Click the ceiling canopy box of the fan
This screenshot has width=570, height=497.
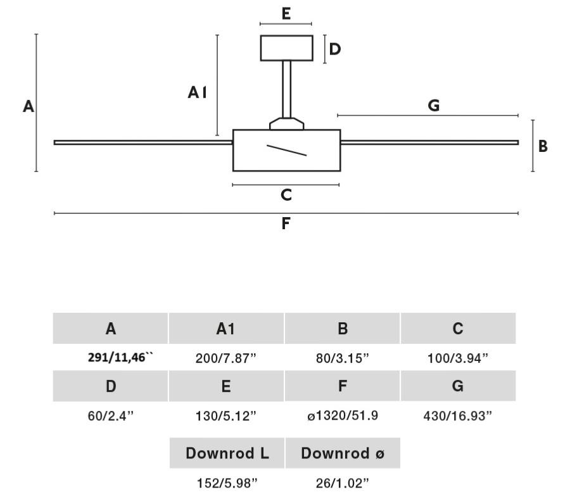click(x=286, y=48)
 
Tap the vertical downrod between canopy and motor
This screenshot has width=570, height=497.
click(x=286, y=89)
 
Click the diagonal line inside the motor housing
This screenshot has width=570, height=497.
click(x=286, y=150)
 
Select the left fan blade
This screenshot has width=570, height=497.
click(x=143, y=142)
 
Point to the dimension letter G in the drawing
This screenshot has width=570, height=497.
click(x=434, y=106)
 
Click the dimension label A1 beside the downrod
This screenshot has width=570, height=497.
click(x=198, y=93)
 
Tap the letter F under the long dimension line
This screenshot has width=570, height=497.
click(x=286, y=223)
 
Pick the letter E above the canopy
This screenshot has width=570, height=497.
click(x=286, y=14)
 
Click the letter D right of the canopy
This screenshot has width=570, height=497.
click(x=335, y=49)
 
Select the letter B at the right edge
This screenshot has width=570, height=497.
click(x=543, y=146)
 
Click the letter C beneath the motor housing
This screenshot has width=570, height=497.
click(x=286, y=195)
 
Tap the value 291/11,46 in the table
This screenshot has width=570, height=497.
click(x=120, y=358)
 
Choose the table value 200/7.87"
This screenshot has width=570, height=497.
click(x=226, y=358)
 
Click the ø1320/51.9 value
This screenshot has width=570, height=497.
click(x=343, y=416)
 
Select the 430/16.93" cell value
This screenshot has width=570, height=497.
click(x=458, y=416)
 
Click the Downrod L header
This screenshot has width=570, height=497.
click(x=227, y=453)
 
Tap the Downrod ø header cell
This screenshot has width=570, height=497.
click(x=343, y=453)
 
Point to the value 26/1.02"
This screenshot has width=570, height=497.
click(x=343, y=484)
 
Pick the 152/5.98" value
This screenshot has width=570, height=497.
click(x=227, y=484)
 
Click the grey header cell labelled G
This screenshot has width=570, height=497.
click(x=458, y=386)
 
